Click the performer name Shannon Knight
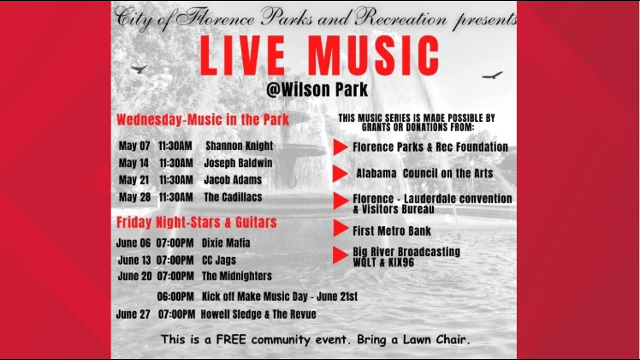(239, 145)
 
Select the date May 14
(134, 163)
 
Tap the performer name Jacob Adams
(232, 180)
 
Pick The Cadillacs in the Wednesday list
(233, 197)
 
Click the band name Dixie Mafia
(226, 243)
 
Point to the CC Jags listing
(219, 260)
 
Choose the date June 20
(135, 276)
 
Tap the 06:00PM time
(176, 297)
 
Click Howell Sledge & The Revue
(258, 315)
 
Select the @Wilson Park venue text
(317, 89)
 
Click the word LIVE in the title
(243, 56)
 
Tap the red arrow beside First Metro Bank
(341, 228)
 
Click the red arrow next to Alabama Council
(341, 174)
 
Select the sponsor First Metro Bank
(392, 231)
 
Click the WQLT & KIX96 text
(383, 262)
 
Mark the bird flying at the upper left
(139, 69)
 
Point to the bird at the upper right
(492, 75)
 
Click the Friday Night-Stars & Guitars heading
(196, 222)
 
